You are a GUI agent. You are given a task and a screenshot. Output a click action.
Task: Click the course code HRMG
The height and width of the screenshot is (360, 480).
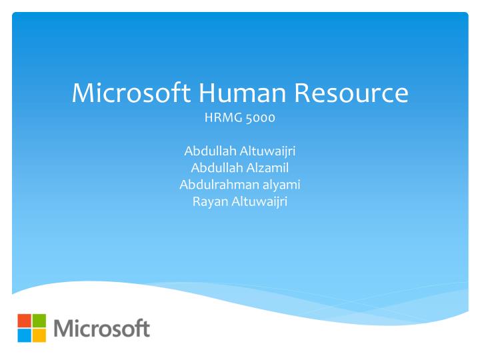coord(221,119)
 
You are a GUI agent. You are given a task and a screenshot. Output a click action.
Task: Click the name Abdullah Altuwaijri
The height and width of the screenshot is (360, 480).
coord(240,151)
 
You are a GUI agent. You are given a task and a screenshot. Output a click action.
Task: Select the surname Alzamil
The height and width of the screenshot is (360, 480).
coord(267,168)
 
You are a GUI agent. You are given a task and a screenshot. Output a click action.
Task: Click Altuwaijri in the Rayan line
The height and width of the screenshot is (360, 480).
coord(259,201)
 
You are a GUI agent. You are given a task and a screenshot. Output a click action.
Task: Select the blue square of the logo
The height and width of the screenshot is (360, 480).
coord(24,335)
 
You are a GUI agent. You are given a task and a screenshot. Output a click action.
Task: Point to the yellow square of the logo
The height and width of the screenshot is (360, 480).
coord(39,335)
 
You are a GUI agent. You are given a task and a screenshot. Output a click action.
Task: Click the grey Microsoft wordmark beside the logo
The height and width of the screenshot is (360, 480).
coord(101,328)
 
